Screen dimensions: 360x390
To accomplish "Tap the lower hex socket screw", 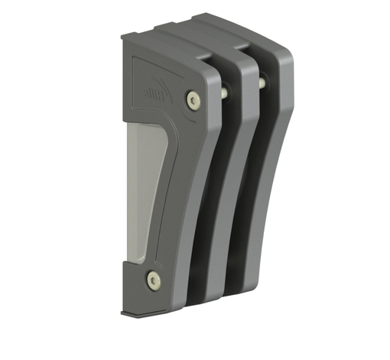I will (x=154, y=280).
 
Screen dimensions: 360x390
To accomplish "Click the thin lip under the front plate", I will (x=141, y=314).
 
